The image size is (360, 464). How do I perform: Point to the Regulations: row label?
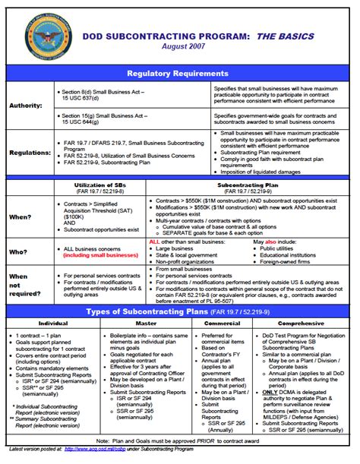[27, 152]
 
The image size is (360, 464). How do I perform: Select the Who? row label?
[19, 250]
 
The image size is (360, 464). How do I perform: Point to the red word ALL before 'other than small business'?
[154, 241]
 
